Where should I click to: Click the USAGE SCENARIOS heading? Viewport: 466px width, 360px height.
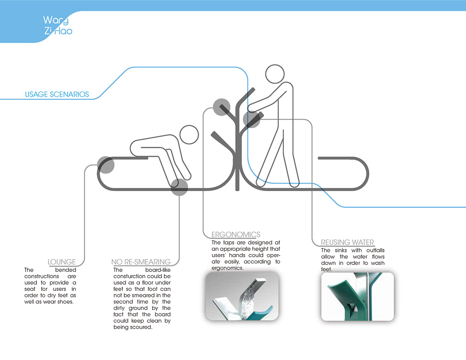click(57, 94)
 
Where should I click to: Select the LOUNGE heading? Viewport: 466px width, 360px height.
click(62, 262)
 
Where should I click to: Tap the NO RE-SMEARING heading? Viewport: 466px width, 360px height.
click(141, 262)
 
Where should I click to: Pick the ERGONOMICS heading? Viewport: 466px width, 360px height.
click(236, 235)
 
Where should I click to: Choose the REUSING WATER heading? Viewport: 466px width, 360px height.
click(348, 243)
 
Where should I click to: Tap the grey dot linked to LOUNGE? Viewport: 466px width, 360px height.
click(106, 165)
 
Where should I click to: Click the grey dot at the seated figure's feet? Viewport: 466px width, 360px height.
click(179, 187)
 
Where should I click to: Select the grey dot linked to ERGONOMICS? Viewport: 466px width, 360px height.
click(222, 107)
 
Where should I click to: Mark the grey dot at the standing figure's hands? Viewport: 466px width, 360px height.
click(251, 120)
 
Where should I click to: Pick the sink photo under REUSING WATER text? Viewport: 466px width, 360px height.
click(357, 297)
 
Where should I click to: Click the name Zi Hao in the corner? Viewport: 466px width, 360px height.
click(58, 31)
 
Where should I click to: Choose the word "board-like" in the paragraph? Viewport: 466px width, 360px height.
click(158, 270)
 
